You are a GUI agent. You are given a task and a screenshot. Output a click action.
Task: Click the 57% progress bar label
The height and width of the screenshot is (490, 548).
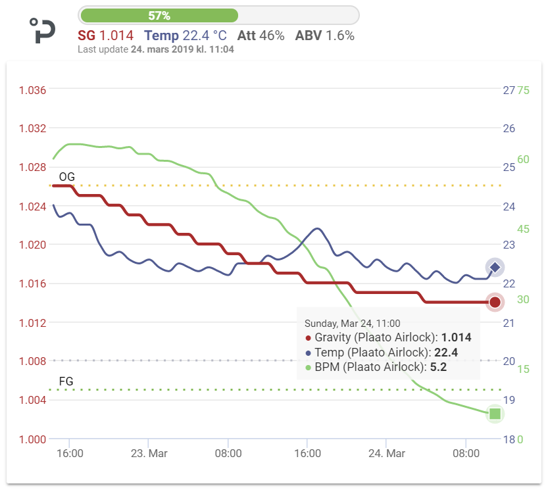click(x=159, y=15)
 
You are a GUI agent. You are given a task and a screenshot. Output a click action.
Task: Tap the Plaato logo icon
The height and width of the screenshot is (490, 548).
click(x=43, y=31)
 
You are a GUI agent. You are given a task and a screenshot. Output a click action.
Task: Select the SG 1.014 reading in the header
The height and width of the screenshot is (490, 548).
click(x=105, y=36)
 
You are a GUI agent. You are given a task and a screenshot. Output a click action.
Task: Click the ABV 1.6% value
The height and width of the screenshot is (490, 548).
click(x=325, y=36)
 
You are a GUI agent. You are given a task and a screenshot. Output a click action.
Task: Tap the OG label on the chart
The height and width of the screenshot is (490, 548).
click(x=66, y=177)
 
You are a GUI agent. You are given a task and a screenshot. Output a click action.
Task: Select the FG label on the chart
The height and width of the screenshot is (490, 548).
click(x=66, y=381)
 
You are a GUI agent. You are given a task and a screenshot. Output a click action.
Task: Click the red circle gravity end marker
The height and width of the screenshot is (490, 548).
click(x=495, y=303)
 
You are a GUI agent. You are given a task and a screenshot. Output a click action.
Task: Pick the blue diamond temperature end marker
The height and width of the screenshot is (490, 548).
click(x=495, y=267)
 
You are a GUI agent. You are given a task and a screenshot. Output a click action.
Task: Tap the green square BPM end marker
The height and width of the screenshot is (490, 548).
click(x=495, y=414)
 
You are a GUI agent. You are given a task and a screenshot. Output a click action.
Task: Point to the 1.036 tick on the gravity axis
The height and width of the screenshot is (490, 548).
click(x=32, y=90)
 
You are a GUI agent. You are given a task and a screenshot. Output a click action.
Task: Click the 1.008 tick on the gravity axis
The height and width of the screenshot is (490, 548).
click(x=32, y=361)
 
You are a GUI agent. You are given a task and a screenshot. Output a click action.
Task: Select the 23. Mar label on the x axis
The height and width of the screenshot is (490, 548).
click(x=149, y=454)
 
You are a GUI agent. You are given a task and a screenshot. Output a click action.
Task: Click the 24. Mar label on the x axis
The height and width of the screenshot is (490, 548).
click(x=386, y=454)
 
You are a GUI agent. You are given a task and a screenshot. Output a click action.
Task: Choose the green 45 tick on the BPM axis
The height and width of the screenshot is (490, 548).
click(x=524, y=230)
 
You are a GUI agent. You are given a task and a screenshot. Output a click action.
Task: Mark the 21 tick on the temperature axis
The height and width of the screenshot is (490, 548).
click(x=509, y=323)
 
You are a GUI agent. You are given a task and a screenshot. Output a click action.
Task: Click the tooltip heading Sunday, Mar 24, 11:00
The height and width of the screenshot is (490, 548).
click(x=352, y=324)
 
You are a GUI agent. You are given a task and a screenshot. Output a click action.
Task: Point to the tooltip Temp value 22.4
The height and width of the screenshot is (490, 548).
click(x=445, y=353)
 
